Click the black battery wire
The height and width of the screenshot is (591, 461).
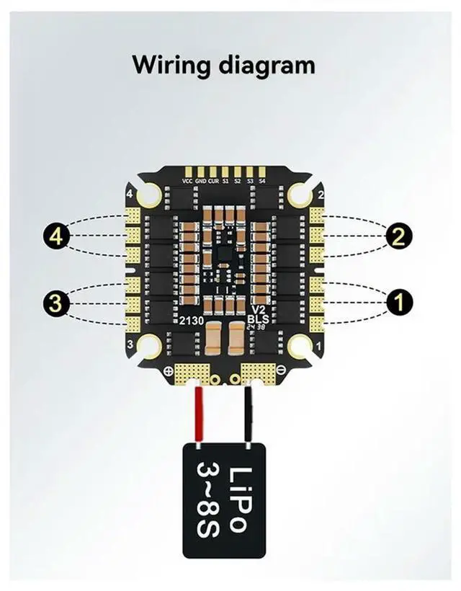[x=250, y=414]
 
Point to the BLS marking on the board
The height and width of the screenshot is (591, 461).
[x=257, y=317]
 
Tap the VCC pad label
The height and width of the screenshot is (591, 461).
[x=188, y=181]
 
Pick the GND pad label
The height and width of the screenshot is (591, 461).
[x=201, y=181]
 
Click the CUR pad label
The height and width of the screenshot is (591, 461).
[x=214, y=181]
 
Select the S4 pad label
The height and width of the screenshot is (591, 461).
[x=262, y=181]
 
